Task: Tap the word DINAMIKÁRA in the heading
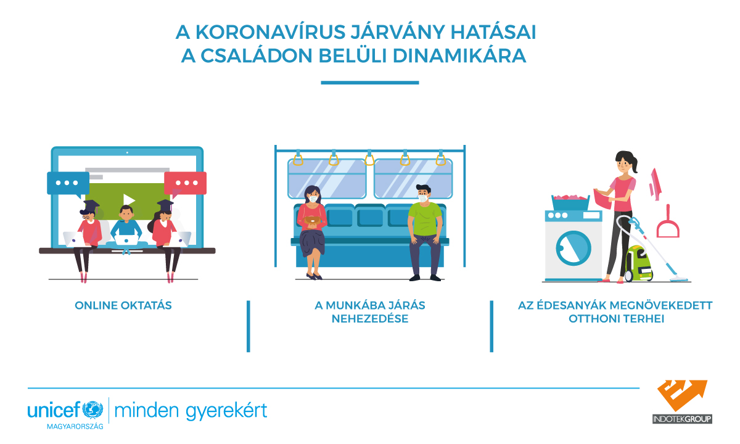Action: tap(459, 55)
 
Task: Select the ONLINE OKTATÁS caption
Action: tap(123, 305)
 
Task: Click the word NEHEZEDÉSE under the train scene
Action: tap(370, 319)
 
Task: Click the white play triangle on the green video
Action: tap(129, 200)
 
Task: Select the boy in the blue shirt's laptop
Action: tap(126, 240)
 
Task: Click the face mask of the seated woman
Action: tap(313, 199)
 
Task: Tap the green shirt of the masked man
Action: tap(425, 219)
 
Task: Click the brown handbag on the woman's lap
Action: tap(312, 220)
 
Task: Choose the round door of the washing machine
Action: tap(573, 248)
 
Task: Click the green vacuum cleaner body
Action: tap(639, 263)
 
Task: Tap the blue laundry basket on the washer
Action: tap(570, 202)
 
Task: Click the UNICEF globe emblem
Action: tap(92, 410)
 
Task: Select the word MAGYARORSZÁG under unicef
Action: tap(75, 426)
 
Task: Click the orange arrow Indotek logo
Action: tap(682, 395)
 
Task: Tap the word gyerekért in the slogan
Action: tap(226, 411)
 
